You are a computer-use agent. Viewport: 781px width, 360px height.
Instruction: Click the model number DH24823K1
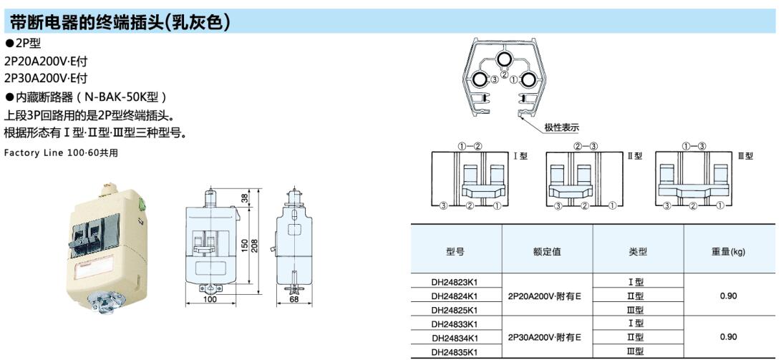[455, 281]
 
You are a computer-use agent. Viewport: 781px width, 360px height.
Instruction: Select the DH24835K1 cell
[455, 351]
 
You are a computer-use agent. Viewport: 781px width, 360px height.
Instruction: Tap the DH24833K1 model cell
[455, 323]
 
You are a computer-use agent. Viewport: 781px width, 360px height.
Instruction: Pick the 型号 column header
[455, 251]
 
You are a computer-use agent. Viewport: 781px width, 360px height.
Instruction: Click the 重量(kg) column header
[729, 251]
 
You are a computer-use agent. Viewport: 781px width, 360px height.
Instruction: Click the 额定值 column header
[546, 251]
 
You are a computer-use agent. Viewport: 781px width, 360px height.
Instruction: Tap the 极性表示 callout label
[561, 127]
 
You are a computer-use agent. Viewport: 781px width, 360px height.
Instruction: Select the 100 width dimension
[209, 300]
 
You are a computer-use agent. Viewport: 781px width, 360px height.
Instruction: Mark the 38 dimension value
[245, 198]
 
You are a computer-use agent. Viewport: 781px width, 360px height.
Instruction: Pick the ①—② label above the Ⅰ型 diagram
[470, 146]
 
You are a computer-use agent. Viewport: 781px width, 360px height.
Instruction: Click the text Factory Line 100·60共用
[61, 152]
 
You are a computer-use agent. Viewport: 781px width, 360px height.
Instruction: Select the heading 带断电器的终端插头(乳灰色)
[120, 23]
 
